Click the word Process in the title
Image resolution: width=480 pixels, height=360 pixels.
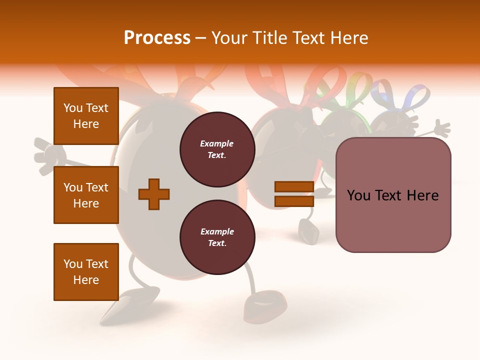pos(157,38)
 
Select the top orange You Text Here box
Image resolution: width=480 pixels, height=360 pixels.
pos(86,116)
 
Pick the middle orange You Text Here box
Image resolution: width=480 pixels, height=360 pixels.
pos(86,195)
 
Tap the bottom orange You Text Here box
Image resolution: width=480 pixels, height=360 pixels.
pos(86,272)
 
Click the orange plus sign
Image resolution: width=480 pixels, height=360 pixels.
pos(154,194)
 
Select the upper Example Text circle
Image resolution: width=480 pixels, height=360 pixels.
pos(217,149)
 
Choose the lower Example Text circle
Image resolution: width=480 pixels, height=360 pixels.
pos(217,237)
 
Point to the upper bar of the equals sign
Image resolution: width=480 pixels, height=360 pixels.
pos(294,187)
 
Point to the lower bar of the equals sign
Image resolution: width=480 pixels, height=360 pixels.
pos(294,201)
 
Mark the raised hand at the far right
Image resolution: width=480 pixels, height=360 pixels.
pos(441,128)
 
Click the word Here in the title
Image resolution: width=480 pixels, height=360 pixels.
pos(348,38)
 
